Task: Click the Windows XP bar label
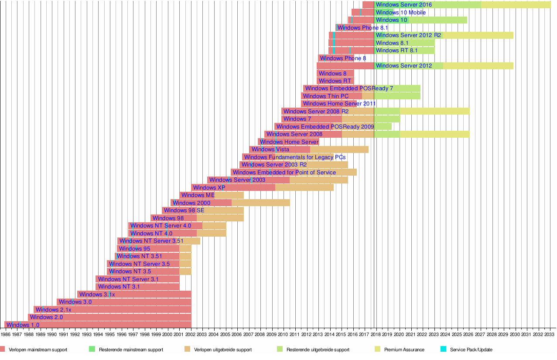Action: tap(209, 188)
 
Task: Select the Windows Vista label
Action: tap(270, 149)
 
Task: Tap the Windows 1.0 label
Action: tap(23, 325)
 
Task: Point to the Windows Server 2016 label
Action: tap(404, 5)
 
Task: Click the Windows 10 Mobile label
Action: tap(401, 13)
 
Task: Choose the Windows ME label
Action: tap(198, 195)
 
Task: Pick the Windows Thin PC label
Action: tap(326, 96)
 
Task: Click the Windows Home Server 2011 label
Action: tap(339, 104)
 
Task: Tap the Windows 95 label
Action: tap(134, 249)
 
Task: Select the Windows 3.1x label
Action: tap(97, 295)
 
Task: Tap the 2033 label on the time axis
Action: tap(550, 334)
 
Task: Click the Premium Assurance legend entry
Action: tap(404, 350)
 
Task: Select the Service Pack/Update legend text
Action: tap(471, 350)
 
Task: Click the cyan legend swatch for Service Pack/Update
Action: tap(444, 349)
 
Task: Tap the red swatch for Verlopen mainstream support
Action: tap(3, 349)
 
